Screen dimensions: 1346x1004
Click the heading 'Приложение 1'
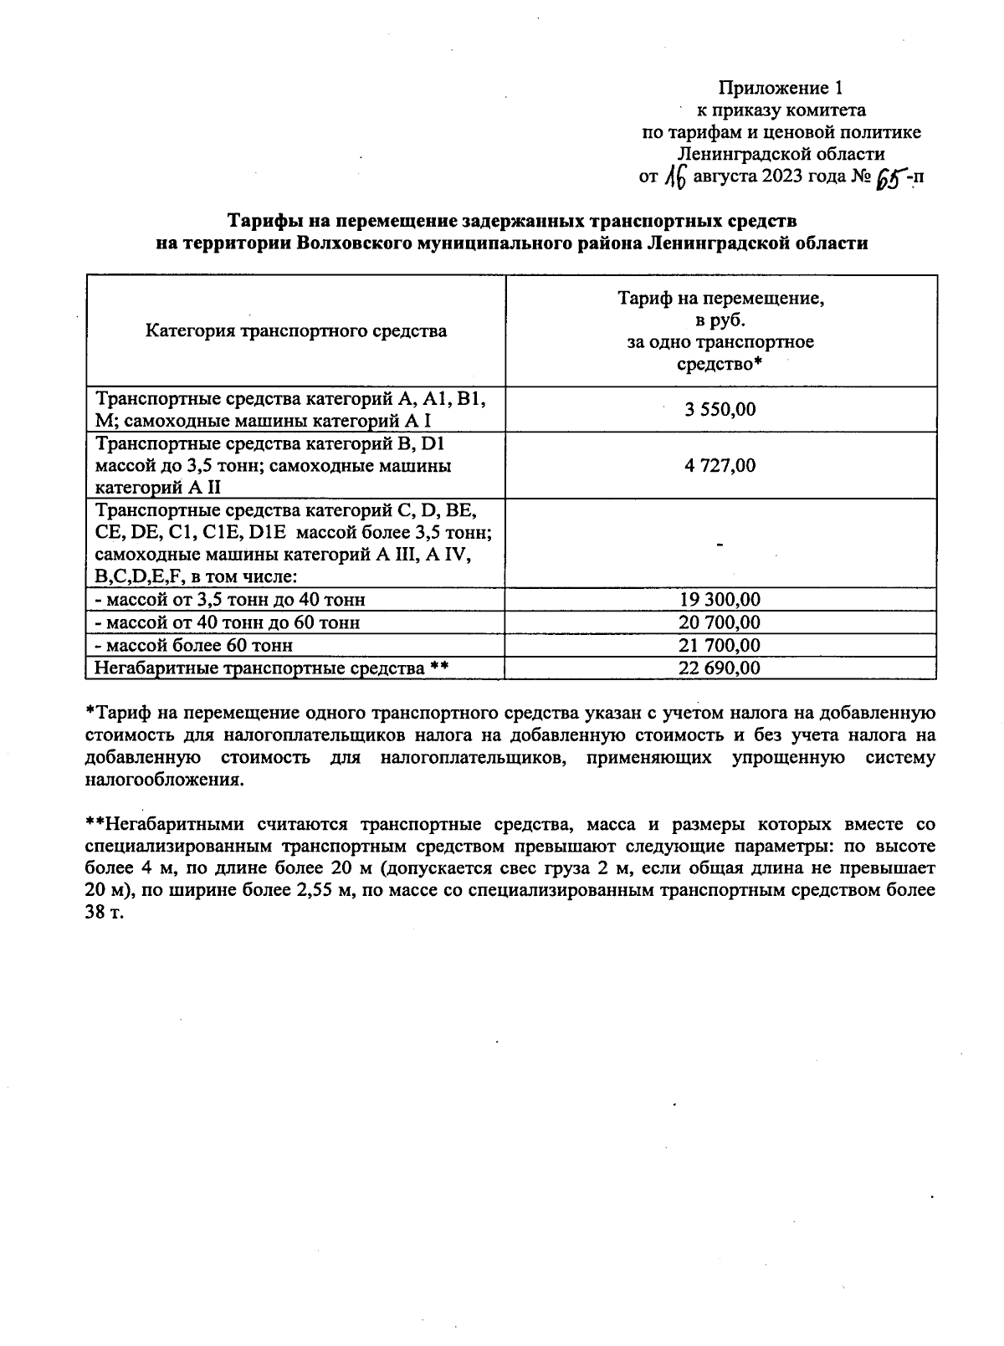pyautogui.click(x=778, y=88)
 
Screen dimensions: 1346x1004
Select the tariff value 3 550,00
pyautogui.click(x=720, y=409)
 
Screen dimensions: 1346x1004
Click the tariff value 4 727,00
pyautogui.click(x=720, y=465)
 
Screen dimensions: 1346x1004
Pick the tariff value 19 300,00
pyautogui.click(x=720, y=600)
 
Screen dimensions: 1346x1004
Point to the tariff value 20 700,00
pyautogui.click(x=720, y=622)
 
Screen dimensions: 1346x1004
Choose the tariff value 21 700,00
pyautogui.click(x=720, y=645)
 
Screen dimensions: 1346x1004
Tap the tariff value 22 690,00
pyautogui.click(x=720, y=668)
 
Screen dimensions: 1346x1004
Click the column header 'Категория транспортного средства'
pyautogui.click(x=296, y=330)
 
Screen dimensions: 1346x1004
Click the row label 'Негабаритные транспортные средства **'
pyautogui.click(x=272, y=668)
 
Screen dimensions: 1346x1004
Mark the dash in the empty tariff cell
pyautogui.click(x=720, y=545)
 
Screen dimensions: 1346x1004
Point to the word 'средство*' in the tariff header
pyautogui.click(x=720, y=364)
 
